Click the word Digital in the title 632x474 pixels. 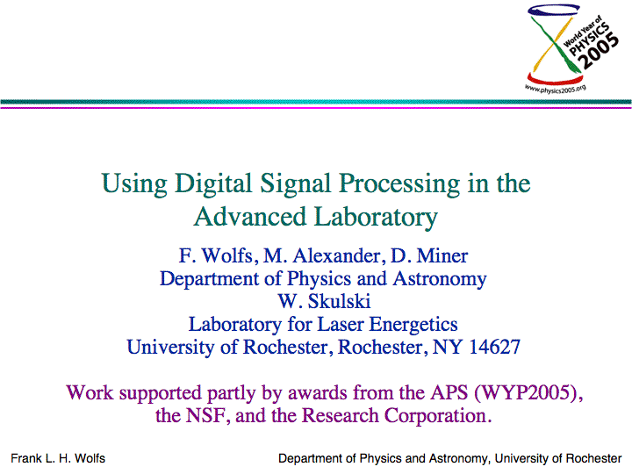[x=213, y=184]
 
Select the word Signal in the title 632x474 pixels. [x=296, y=184]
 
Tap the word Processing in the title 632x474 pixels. [x=399, y=184]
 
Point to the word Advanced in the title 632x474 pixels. [x=250, y=217]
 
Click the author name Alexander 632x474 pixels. [x=336, y=256]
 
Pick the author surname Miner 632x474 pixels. [x=442, y=256]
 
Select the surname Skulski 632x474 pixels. [x=339, y=301]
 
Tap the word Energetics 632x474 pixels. [x=413, y=325]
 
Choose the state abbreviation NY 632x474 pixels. [x=447, y=347]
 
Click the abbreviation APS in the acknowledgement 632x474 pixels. [x=449, y=392]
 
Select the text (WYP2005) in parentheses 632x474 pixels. [x=528, y=393]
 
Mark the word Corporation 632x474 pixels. [x=437, y=416]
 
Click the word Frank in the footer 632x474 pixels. [x=26, y=458]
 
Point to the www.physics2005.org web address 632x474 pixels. [x=556, y=89]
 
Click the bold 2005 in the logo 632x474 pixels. [x=598, y=50]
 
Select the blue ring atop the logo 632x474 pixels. [x=553, y=10]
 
